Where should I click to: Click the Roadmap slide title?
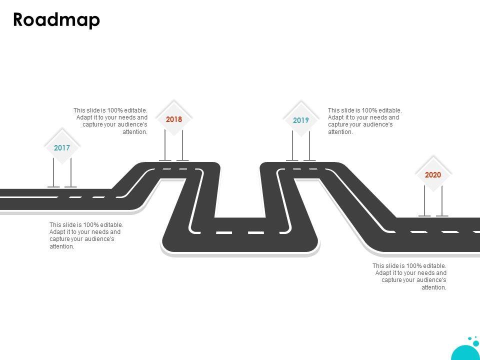tap(56, 20)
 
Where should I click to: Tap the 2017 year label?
tap(62, 148)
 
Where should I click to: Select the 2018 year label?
tap(174, 119)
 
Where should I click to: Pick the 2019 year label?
tap(301, 120)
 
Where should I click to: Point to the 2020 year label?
tap(433, 175)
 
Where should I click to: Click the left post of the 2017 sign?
tap(53, 172)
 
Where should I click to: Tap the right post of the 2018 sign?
tap(182, 145)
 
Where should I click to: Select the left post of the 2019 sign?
tap(292, 145)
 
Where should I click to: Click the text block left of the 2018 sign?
tap(111, 121)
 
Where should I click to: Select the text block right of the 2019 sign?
tap(364, 121)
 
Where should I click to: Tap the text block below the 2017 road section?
tap(86, 235)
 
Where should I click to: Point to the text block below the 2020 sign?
tap(410, 276)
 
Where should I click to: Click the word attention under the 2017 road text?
tap(62, 246)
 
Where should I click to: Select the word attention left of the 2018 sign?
tap(135, 132)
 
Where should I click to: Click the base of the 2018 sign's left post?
tap(165, 160)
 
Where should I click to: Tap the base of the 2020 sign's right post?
tap(442, 215)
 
